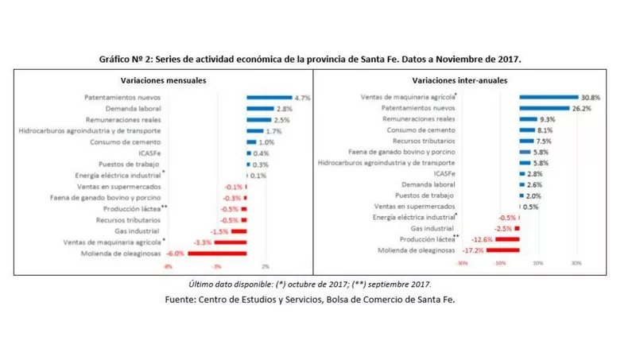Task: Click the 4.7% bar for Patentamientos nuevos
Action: point(270,97)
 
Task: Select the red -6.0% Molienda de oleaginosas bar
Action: point(216,254)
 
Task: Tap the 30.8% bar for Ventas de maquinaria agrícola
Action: point(549,97)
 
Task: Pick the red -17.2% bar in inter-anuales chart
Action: point(502,250)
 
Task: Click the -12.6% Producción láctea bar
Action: point(506,239)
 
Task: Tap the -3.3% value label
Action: point(202,242)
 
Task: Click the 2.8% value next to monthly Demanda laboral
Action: point(285,108)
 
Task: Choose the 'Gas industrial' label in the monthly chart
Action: point(139,231)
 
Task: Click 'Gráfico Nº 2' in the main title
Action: point(130,60)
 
